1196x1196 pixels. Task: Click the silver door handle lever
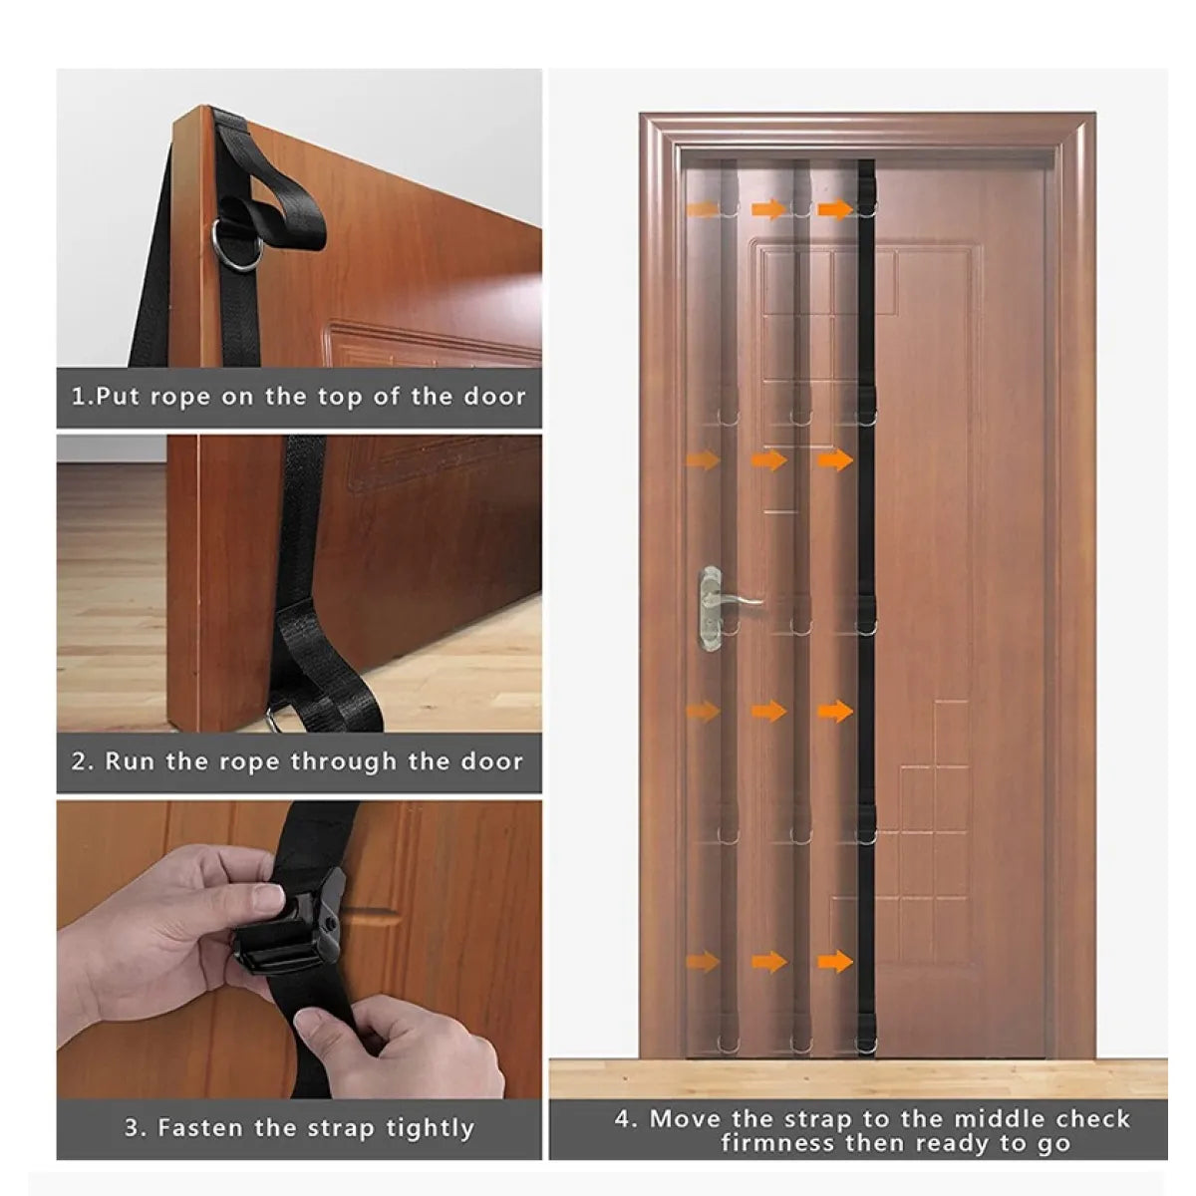tap(737, 600)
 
